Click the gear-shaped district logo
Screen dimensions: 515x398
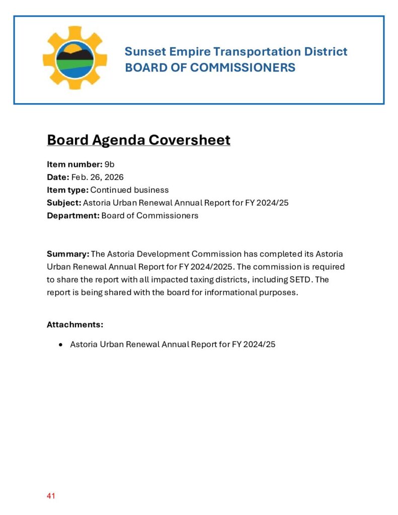74,58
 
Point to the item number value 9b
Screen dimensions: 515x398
110,164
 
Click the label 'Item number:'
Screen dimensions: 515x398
74,164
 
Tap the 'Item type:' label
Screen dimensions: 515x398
67,190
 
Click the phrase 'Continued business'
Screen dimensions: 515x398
129,190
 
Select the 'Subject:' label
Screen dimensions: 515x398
64,203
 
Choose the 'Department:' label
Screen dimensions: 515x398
73,216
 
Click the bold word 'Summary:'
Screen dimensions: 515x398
68,254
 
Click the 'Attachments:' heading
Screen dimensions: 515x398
75,325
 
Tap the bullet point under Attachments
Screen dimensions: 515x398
61,345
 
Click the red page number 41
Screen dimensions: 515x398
51,496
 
